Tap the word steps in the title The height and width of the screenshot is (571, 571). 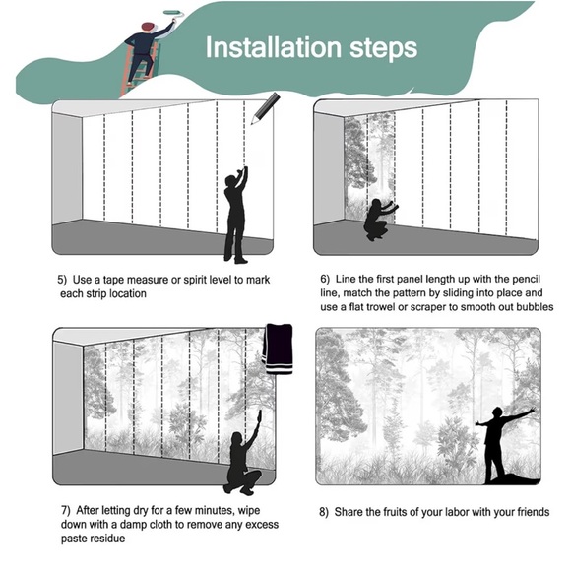click(383, 49)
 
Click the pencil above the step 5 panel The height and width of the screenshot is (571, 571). click(265, 108)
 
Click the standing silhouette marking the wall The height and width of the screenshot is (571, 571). click(236, 215)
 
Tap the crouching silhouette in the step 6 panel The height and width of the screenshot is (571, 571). click(380, 220)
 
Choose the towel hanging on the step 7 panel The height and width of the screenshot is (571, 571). click(278, 349)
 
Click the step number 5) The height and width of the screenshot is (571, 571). click(62, 280)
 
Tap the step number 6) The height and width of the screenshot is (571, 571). click(325, 279)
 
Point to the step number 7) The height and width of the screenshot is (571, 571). click(66, 510)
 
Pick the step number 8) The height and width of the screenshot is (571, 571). click(324, 512)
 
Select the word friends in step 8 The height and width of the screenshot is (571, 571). click(531, 512)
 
